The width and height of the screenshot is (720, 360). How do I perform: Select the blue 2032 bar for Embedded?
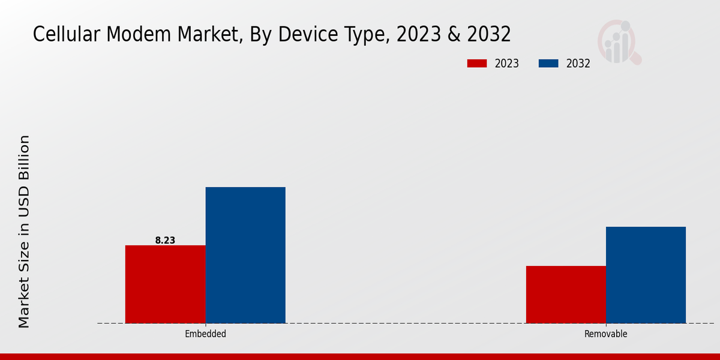[x=245, y=255]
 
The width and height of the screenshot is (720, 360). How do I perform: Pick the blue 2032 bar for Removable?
[x=646, y=275]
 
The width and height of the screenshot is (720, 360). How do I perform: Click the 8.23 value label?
[x=165, y=240]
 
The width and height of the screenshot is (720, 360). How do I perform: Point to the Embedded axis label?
[x=205, y=334]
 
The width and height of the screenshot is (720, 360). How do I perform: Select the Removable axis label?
[x=605, y=334]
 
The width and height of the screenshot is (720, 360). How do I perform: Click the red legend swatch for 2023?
[x=477, y=64]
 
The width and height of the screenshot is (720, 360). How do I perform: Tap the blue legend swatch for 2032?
[x=549, y=64]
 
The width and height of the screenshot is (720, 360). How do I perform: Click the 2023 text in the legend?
[x=507, y=64]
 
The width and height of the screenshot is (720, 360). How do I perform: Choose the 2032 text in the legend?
[x=578, y=64]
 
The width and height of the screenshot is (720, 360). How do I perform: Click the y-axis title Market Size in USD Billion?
[x=23, y=232]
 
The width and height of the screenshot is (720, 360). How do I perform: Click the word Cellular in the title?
[x=67, y=35]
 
